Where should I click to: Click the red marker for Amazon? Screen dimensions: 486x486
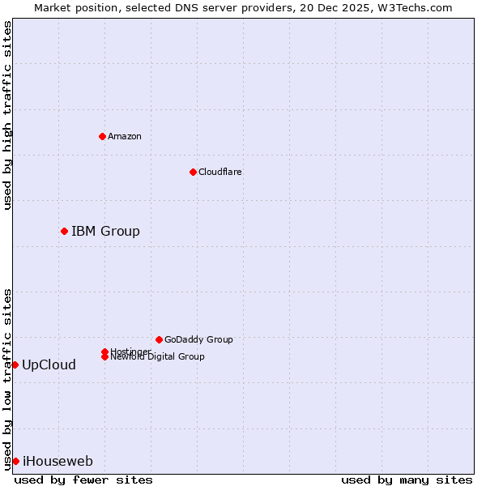pos(102,136)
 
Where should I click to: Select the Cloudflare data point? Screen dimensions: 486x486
pos(193,172)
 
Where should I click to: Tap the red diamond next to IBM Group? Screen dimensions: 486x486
pos(64,231)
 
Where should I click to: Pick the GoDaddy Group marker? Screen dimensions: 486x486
pos(159,339)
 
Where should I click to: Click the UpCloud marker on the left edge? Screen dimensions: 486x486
pos(15,364)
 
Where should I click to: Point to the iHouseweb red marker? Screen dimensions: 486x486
pos(15,461)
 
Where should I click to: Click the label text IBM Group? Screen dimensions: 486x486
pos(105,232)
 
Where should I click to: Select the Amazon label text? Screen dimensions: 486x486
pos(124,136)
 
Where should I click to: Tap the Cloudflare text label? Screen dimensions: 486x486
pos(220,172)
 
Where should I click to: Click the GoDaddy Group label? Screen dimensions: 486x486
pos(198,339)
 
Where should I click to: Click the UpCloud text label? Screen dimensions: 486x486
pos(49,365)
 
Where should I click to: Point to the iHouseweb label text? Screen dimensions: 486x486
pos(58,462)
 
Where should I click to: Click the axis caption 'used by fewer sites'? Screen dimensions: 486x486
pos(83,480)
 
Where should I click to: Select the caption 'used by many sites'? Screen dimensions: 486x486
pos(407,480)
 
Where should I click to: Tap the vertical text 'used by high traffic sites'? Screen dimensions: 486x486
pos(7,115)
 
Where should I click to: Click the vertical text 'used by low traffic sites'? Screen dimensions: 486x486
pos(7,378)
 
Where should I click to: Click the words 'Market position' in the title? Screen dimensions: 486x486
pos(72,7)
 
